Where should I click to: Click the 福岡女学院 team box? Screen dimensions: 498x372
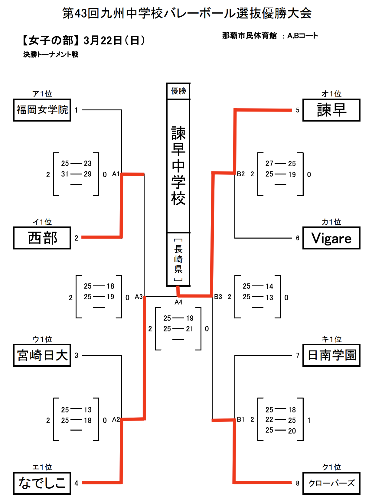click(42, 110)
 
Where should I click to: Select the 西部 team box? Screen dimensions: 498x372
click(42, 238)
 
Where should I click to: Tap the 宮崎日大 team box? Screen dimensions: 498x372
click(42, 355)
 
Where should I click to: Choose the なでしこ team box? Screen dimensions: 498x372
click(42, 483)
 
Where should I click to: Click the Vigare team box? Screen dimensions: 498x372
click(331, 238)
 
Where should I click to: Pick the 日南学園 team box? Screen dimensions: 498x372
click(331, 355)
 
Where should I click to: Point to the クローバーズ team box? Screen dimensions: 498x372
click(331, 483)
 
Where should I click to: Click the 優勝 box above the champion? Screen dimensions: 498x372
click(178, 91)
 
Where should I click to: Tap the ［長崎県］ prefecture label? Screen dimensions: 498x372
click(178, 259)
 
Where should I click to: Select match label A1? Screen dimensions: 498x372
click(116, 174)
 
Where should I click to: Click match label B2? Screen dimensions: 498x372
click(241, 174)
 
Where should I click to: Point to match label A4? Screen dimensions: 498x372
click(178, 302)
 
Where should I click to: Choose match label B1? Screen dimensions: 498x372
click(241, 419)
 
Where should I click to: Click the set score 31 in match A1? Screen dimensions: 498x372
click(65, 174)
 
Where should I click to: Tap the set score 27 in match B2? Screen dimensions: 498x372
click(269, 164)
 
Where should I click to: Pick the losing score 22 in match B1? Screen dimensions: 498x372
click(269, 420)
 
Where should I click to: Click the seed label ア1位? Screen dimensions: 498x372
click(42, 94)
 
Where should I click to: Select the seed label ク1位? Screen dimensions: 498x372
click(331, 467)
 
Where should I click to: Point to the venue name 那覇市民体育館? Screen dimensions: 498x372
click(249, 36)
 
